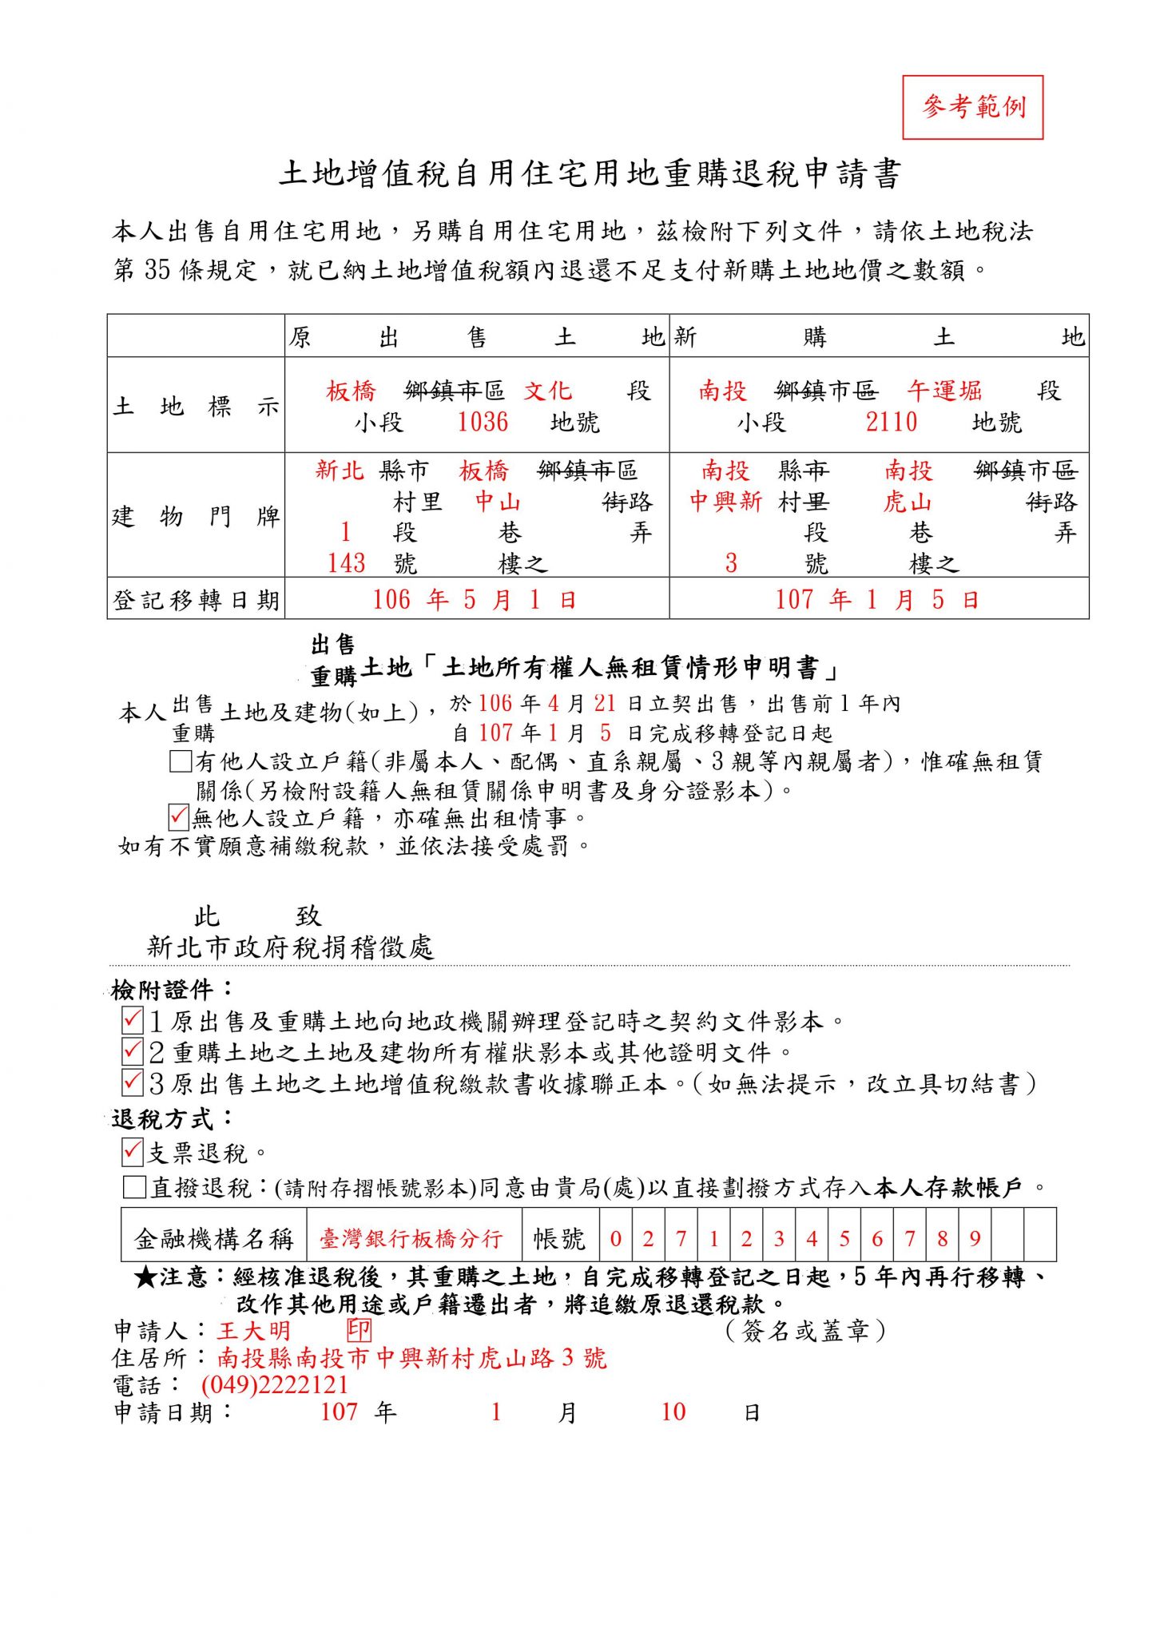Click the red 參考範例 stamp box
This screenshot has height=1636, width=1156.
click(972, 107)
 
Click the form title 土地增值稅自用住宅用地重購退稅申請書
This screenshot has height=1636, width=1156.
click(590, 174)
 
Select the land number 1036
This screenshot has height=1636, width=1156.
click(483, 422)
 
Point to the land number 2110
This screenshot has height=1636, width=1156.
click(892, 422)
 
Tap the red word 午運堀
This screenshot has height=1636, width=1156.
click(943, 391)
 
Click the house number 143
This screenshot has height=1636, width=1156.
click(347, 563)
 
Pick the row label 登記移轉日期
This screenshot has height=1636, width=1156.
click(196, 599)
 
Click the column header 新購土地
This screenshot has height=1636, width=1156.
click(879, 337)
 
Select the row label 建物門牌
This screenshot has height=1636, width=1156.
click(196, 516)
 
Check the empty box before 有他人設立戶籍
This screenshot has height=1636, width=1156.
click(181, 760)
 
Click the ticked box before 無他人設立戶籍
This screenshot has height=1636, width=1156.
click(179, 817)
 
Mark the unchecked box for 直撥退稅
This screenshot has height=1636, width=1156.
click(133, 1187)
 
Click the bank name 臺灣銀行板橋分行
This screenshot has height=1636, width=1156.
click(411, 1239)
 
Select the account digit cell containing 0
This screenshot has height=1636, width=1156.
click(615, 1239)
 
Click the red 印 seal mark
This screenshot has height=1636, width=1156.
click(359, 1330)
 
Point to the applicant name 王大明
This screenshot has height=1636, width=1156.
click(253, 1331)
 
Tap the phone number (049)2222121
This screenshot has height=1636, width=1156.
click(275, 1384)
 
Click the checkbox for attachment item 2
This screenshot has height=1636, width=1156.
click(133, 1051)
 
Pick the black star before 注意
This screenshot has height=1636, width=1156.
click(145, 1277)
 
